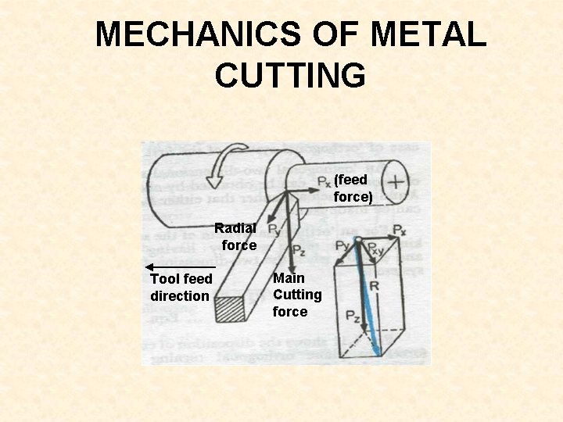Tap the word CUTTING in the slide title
coord(290,76)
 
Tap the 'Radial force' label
coord(235,237)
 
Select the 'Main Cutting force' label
coord(296,295)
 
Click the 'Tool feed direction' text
coord(180,288)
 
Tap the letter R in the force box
coord(375,286)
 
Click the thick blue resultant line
coord(365,297)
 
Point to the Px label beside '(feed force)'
coord(324,181)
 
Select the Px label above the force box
coord(399,230)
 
